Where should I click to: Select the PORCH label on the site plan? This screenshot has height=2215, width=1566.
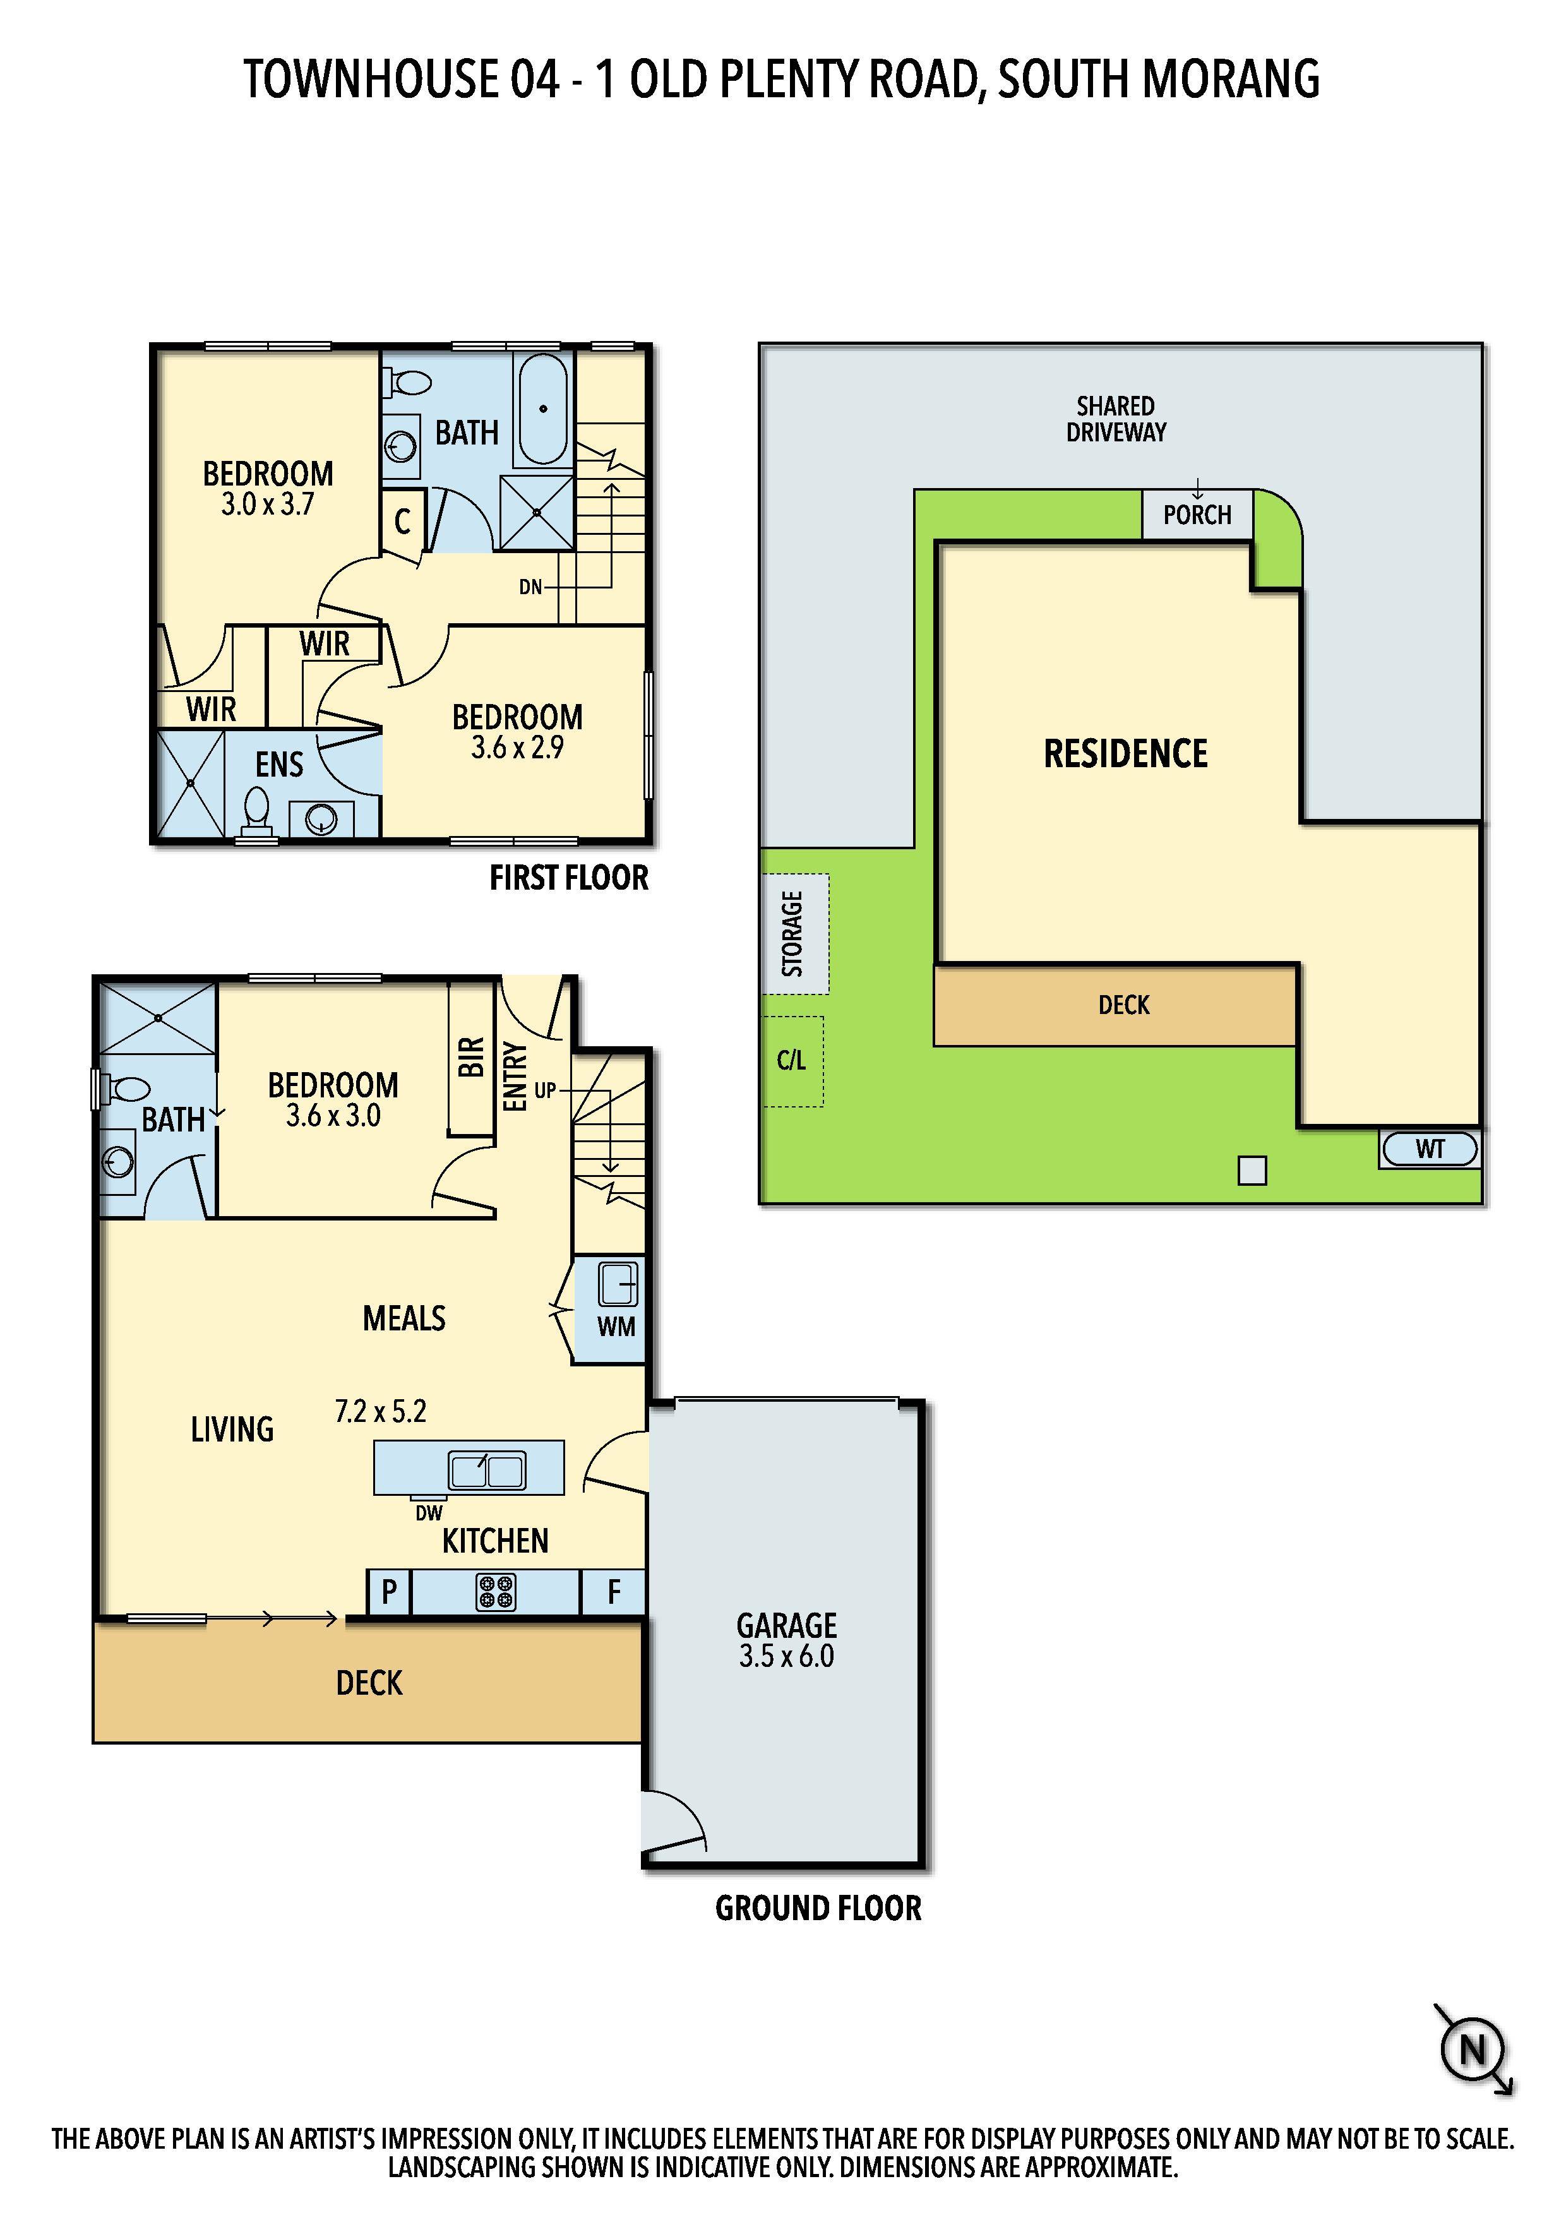click(1197, 515)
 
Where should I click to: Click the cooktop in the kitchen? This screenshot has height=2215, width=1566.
click(496, 1592)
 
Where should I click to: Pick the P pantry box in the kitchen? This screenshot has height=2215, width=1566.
click(390, 1592)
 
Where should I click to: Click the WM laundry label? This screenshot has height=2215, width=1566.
click(616, 1327)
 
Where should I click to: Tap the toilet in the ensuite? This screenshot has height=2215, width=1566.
click(256, 811)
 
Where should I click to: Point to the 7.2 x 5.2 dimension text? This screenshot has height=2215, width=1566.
click(380, 1411)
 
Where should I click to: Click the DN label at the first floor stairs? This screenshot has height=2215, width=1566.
click(530, 587)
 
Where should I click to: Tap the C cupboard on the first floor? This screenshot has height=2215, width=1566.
click(402, 522)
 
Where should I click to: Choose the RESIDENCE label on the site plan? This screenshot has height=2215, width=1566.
click(1126, 753)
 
